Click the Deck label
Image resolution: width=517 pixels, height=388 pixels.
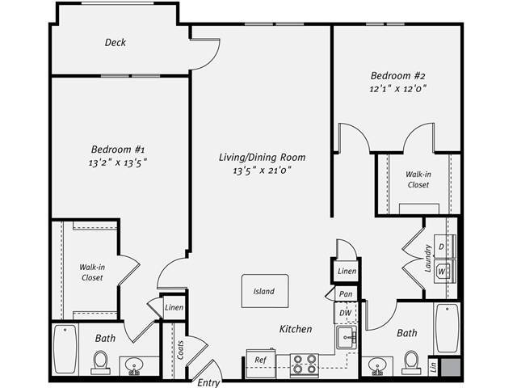tap(116, 43)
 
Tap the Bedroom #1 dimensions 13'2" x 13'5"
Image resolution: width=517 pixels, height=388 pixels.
tap(118, 162)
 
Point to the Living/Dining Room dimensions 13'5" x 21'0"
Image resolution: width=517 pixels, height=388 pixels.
tap(262, 171)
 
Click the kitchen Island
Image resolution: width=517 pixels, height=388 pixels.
tap(263, 291)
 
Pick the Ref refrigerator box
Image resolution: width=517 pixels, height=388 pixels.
tap(261, 360)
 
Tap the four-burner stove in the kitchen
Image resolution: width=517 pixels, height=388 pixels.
tap(304, 365)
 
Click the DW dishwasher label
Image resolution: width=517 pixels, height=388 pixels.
tap(346, 312)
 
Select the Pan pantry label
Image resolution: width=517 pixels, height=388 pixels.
tap(346, 294)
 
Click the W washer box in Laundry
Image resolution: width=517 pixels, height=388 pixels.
tap(442, 272)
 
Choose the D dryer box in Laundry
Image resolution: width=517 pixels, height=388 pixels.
tap(442, 246)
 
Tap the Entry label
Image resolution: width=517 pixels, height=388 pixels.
tap(209, 382)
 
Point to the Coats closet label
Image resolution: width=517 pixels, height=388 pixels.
tap(180, 349)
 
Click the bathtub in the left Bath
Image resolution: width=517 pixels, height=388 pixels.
tap(65, 349)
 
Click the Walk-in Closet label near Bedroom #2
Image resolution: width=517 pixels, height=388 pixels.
tap(418, 179)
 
